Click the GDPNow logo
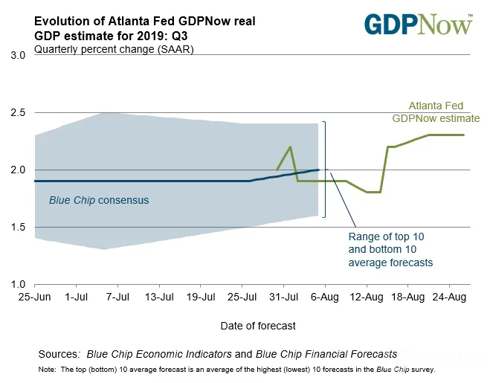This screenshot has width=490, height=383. tap(419, 24)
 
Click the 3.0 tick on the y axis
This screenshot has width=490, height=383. tap(18, 55)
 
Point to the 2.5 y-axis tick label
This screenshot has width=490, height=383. tap(18, 112)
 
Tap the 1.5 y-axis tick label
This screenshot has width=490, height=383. tap(18, 227)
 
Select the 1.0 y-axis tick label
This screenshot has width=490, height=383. tap(18, 284)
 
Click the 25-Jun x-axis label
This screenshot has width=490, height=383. tap(34, 297)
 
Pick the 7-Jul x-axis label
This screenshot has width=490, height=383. tap(117, 297)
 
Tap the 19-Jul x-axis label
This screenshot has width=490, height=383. tap(201, 297)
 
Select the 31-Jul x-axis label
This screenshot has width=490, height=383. tap(284, 297)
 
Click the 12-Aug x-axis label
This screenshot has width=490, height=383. tap(367, 297)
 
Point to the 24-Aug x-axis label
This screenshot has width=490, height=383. tap(449, 297)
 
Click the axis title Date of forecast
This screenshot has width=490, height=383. tap(258, 326)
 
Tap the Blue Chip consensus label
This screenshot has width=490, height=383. tap(99, 200)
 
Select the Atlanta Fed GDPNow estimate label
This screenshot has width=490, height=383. tap(436, 112)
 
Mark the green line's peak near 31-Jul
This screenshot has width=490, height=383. tap(291, 147)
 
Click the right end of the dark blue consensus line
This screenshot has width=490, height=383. tap(318, 170)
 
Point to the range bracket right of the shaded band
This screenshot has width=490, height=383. tap(325, 169)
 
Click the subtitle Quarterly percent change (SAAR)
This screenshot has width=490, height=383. tap(114, 49)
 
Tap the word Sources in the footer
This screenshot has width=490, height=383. tap(58, 354)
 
